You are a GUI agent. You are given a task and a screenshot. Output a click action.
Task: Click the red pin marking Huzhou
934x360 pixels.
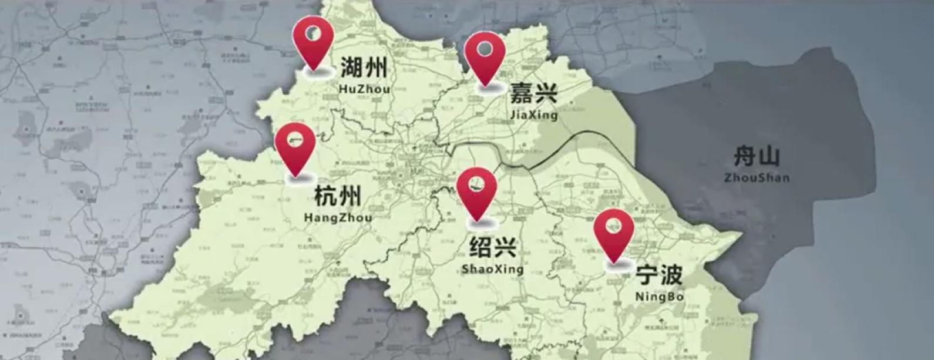pos(314,41)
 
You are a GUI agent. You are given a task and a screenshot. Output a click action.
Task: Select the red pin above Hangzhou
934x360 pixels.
pos(295,147)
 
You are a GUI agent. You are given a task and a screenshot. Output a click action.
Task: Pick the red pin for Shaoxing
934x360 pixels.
pos(476,191)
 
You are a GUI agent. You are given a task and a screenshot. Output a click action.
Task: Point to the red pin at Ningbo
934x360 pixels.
pos(614,233)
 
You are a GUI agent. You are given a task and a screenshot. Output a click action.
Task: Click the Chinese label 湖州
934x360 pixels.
pos(364,68)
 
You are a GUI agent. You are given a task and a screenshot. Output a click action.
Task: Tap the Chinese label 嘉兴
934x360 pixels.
pos(533,93)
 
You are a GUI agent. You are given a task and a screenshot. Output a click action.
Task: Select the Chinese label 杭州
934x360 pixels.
pos(338,196)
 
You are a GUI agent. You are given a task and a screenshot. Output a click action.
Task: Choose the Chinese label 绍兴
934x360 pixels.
pos(492,247)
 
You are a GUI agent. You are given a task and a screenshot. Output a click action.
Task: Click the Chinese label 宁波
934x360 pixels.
pos(659,274)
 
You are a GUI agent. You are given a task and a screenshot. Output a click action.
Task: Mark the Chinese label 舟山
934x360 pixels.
pos(757,157)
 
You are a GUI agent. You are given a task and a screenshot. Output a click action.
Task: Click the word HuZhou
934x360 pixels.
pos(364,89)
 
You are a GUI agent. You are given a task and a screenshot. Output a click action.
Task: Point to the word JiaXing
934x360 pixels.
pos(534,115)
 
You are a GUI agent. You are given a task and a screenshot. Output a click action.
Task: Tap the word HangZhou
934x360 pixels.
pos(338,218)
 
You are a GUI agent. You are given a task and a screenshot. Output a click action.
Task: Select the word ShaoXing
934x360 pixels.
pos(492,270)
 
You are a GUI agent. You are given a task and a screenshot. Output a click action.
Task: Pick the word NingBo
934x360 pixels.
pos(659,297)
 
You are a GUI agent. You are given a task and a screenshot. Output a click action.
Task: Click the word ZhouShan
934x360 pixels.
pos(757,177)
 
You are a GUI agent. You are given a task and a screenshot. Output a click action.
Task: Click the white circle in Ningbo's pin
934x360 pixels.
pos(614,224)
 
